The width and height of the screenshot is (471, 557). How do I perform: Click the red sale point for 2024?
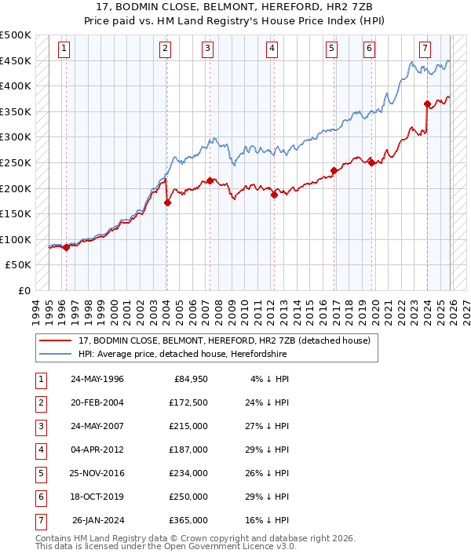(427, 104)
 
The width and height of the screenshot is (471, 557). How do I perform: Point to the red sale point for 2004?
(167, 202)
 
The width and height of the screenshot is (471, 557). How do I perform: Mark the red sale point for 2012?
(274, 195)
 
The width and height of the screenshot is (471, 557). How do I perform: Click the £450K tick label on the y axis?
(16, 60)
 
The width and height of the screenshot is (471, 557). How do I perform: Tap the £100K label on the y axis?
(16, 239)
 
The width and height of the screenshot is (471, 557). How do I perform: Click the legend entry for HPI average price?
(182, 355)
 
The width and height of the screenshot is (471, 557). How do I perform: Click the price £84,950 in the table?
(188, 380)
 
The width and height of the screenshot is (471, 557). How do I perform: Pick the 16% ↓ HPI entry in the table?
(268, 520)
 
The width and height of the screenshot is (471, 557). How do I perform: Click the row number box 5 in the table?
(39, 474)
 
